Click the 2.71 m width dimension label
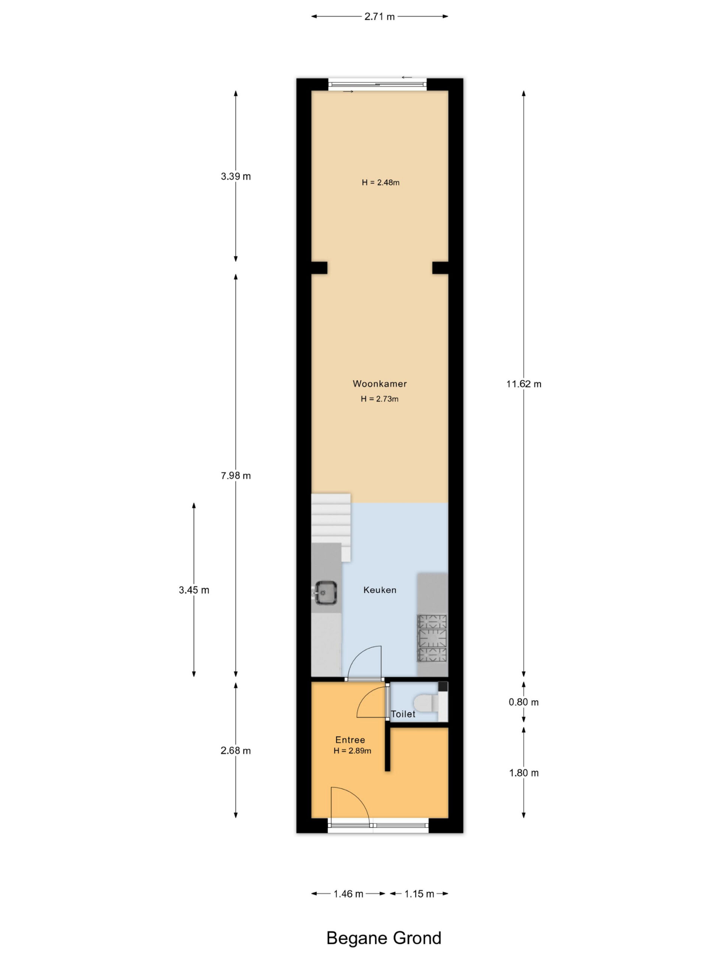point(379,17)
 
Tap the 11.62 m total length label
point(524,384)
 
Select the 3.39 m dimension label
point(235,176)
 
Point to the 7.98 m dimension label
point(235,475)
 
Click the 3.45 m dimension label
point(194,590)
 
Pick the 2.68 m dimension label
point(235,750)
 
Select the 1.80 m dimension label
point(524,772)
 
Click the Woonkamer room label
point(380,384)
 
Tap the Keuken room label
point(380,590)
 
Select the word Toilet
point(403,714)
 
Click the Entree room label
point(350,739)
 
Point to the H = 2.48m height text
point(381,182)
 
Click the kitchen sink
point(325,592)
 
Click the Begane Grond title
point(384,938)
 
